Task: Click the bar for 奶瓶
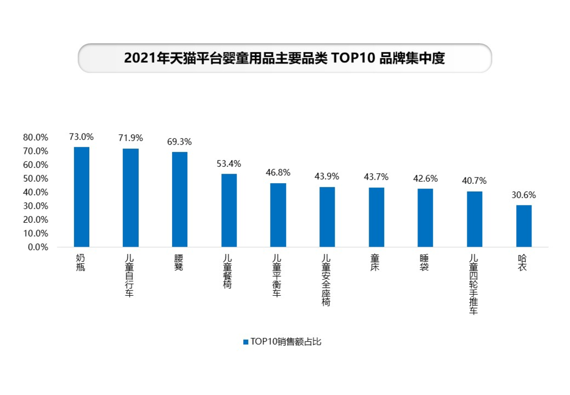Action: pos(81,197)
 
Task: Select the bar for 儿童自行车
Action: pos(130,198)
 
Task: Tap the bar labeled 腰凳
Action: pos(179,200)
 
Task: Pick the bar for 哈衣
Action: pos(524,226)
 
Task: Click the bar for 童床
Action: pos(376,217)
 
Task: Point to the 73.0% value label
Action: pos(81,137)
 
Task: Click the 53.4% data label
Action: pos(229,164)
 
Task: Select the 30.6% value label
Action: pos(524,195)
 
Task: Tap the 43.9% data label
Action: pos(327,177)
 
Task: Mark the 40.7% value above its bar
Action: pos(474,181)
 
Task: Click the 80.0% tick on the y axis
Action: pos(36,137)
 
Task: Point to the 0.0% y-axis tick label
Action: pos(38,247)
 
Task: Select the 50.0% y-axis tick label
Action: pos(36,178)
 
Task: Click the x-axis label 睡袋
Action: pos(425,262)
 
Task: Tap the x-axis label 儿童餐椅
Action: pos(229,271)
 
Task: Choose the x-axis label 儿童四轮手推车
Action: pos(474,285)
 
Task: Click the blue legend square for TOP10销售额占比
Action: pos(245,342)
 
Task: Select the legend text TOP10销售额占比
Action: pos(286,342)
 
